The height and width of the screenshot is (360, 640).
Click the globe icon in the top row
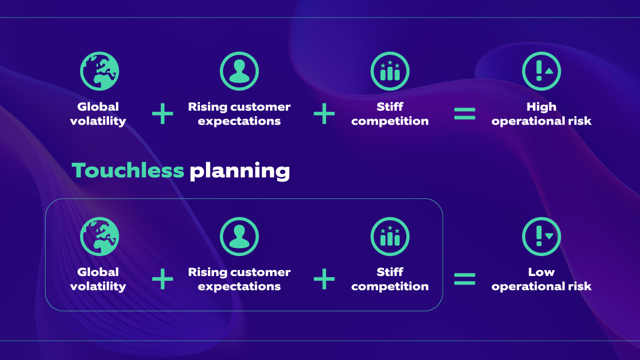pos(100,71)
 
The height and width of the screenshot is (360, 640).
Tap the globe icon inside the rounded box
pos(100,236)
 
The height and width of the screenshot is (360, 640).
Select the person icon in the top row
pos(239,71)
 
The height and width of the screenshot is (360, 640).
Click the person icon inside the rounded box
pos(239,236)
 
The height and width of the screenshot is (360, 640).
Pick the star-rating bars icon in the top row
pos(390,71)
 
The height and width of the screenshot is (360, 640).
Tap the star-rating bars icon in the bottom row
pos(390,236)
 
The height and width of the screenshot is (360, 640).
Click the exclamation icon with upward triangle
pos(541,71)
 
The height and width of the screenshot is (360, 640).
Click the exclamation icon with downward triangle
pos(541,236)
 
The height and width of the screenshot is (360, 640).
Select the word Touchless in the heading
pos(128,170)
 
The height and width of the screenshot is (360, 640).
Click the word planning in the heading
pos(240,171)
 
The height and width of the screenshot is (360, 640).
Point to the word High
pos(541,107)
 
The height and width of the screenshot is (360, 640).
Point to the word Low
pos(541,272)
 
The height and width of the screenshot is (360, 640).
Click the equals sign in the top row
pos(464,114)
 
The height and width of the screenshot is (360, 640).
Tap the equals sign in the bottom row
pos(464,279)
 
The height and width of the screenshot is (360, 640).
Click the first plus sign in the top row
pos(162,114)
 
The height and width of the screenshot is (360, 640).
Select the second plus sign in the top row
pos(324,114)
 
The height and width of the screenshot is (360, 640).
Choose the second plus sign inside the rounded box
pos(324,279)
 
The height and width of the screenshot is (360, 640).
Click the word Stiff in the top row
pos(390,107)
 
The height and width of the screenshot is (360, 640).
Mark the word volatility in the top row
pos(98,121)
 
